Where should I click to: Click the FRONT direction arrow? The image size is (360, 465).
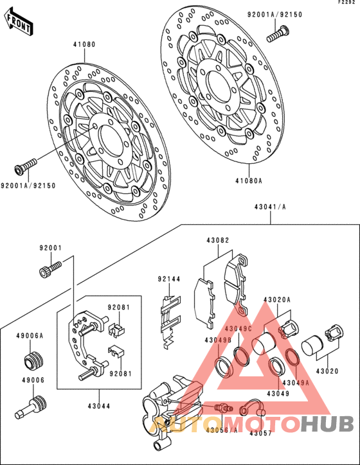coord(19,22)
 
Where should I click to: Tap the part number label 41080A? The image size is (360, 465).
coord(249,180)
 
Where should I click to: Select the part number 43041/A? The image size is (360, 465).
coord(270,207)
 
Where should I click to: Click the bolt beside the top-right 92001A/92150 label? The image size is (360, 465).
coord(278,34)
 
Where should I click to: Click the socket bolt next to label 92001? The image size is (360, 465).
coord(50,268)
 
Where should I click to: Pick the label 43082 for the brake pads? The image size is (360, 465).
coord(218,240)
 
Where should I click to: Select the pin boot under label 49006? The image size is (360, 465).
coord(30,407)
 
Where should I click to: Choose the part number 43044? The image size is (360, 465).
coord(99,406)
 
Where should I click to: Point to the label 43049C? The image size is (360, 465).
coord(239,329)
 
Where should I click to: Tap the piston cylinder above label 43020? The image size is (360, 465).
coord(312,346)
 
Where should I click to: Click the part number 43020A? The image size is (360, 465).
coord(277,300)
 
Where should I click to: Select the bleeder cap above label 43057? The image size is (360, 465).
coord(252,408)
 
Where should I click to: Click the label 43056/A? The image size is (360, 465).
coord(222,430)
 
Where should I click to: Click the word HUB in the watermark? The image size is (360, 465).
coord(326,423)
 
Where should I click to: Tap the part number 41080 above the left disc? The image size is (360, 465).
coord(85,44)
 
